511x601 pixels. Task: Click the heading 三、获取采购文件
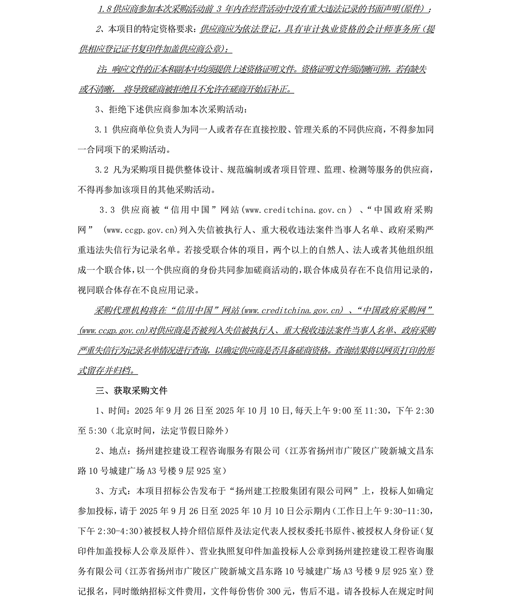click(x=131, y=390)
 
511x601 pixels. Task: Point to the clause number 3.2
click(x=102, y=170)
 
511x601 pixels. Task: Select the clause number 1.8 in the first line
click(x=103, y=9)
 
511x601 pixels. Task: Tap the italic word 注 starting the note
click(x=100, y=69)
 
